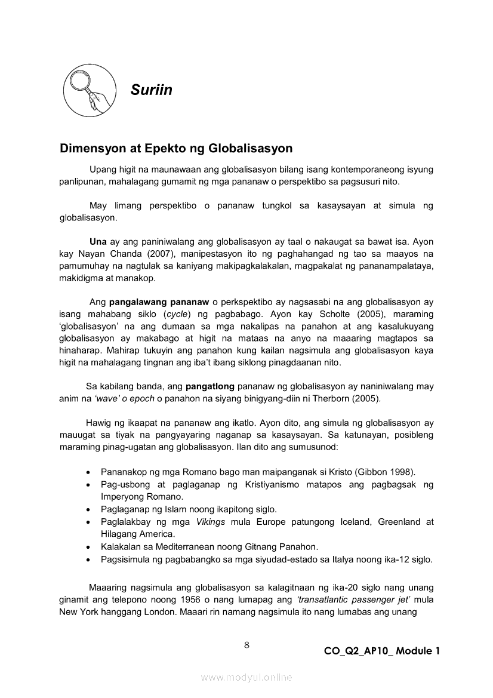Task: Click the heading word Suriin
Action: (x=151, y=90)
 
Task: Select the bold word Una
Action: (x=98, y=242)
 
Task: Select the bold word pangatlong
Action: (x=209, y=386)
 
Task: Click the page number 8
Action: (x=246, y=644)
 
